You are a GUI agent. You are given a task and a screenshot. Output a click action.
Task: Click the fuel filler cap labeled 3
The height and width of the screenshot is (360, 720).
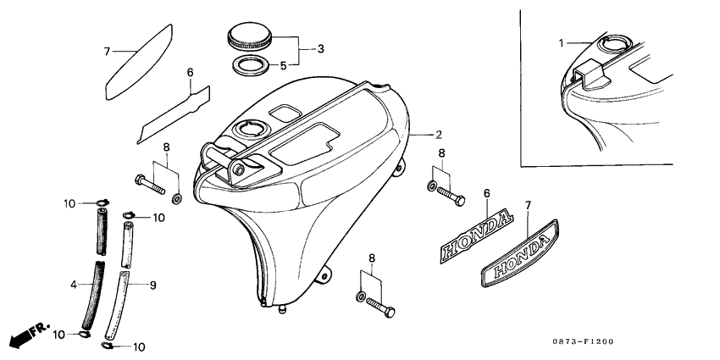pos(250,36)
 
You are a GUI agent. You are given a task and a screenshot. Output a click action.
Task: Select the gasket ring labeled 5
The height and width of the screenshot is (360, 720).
pos(252,66)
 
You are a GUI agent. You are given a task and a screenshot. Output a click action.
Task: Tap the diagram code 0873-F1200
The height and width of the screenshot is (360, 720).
pos(583,341)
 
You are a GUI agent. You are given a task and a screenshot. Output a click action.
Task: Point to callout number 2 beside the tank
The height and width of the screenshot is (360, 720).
pos(439,135)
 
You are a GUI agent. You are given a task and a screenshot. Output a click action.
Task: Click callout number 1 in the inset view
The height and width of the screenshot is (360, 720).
pos(561,43)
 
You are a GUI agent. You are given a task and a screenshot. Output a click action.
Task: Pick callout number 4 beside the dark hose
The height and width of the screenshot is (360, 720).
pos(74,285)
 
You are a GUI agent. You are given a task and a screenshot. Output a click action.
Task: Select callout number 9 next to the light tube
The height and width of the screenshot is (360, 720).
pos(153,285)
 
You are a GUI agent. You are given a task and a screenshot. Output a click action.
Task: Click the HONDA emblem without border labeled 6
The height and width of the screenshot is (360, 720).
pos(476,235)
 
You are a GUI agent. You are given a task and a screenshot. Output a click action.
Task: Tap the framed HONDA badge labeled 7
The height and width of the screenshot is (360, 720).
pos(520,253)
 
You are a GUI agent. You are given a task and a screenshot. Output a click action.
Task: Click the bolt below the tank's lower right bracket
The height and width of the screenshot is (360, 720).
pos(380,307)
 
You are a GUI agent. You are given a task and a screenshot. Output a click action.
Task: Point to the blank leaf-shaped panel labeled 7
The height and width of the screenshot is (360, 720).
pos(139,62)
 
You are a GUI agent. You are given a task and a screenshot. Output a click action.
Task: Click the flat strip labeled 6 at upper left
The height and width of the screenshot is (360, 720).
pos(174,115)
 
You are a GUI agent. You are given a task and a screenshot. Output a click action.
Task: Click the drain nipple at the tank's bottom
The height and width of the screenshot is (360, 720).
pos(281,309)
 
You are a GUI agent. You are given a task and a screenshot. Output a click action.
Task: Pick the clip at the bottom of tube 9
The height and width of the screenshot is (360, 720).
pos(107,346)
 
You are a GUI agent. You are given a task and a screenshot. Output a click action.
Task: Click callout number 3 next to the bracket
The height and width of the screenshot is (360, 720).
pos(320,48)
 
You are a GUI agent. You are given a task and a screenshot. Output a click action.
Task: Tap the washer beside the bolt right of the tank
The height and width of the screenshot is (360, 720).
pos(432,186)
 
